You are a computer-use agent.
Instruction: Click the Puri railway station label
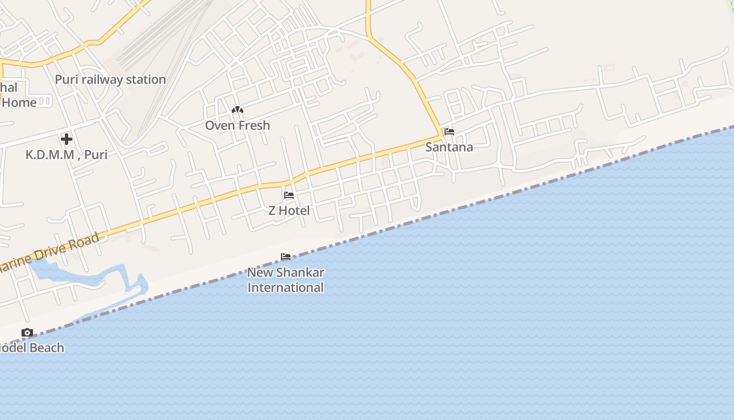pos(110,80)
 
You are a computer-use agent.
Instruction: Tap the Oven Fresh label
pos(238,125)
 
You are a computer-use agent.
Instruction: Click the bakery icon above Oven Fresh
pos(238,110)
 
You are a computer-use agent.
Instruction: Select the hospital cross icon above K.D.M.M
pos(67,139)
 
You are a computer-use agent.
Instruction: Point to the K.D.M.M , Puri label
pos(67,155)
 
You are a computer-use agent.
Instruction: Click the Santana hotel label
pos(449,148)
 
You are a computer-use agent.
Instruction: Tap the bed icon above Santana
pos(449,132)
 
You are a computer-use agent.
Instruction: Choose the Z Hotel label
pos(289,211)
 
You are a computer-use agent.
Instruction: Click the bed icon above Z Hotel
pos(289,195)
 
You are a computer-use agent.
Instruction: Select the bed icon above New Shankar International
pos(286,257)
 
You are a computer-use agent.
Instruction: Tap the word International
pos(285,288)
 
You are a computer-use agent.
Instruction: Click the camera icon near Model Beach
pos(27,333)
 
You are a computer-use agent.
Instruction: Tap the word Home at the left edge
pos(19,102)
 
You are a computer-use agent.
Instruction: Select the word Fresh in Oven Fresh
pos(253,125)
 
